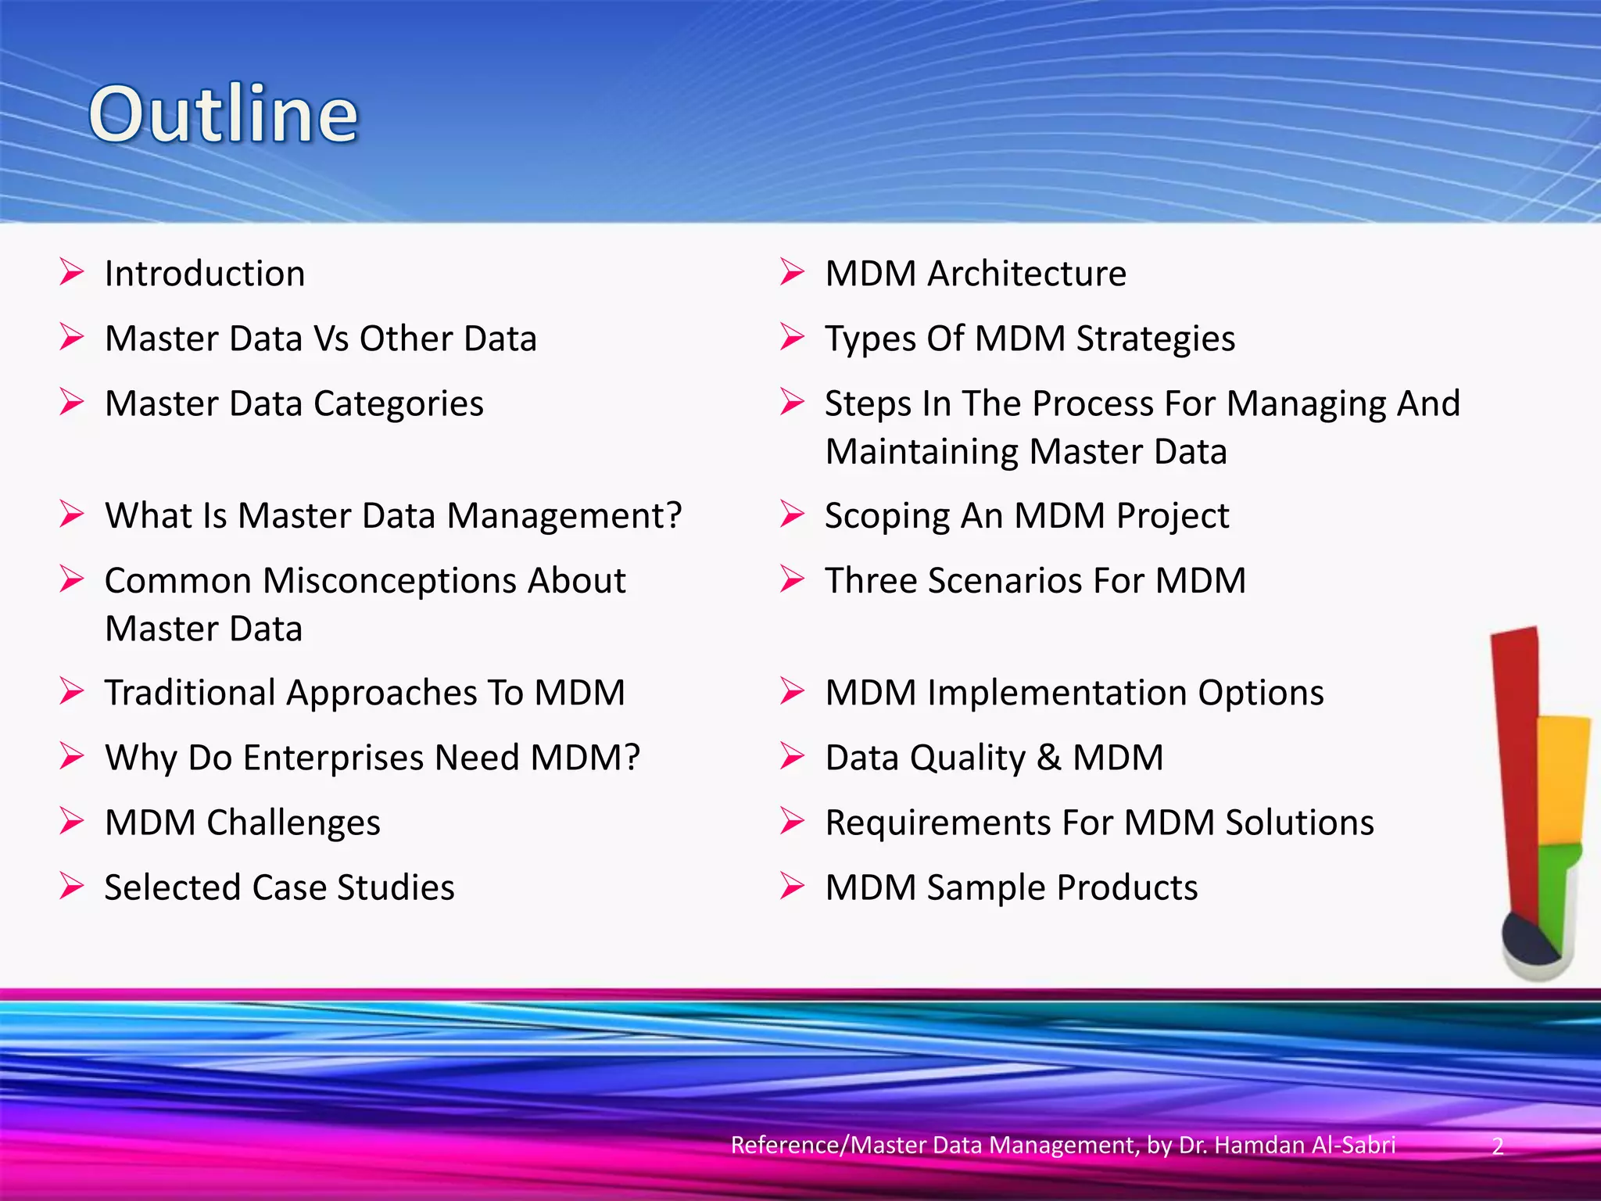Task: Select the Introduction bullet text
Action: [x=205, y=274]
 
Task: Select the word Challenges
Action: [x=293, y=823]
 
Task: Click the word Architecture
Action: [x=1026, y=274]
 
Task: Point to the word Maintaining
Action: [x=921, y=452]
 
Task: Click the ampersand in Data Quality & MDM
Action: [x=1049, y=758]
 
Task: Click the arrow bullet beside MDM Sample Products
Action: [x=791, y=887]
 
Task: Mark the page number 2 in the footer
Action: [x=1497, y=1146]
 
